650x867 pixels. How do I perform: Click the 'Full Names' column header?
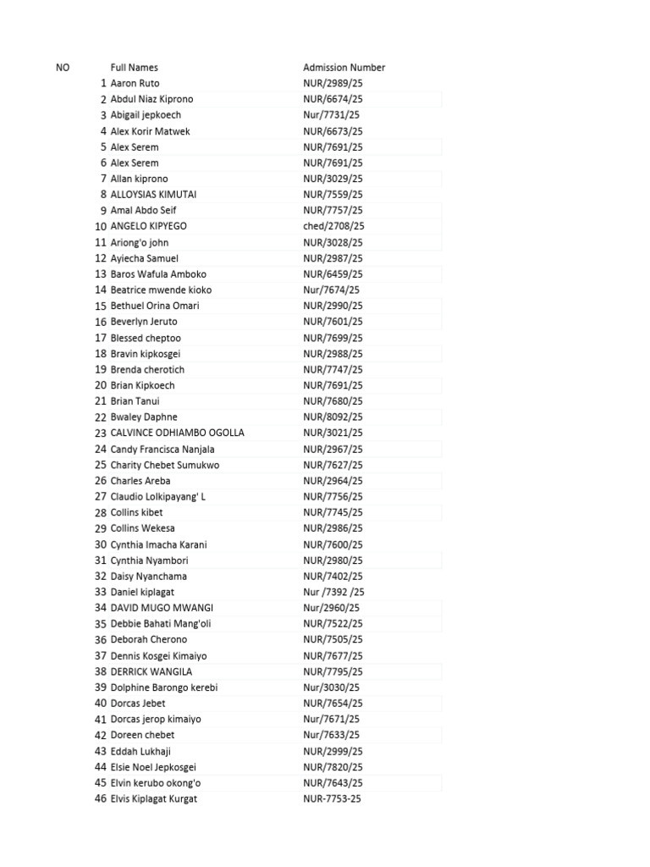point(134,68)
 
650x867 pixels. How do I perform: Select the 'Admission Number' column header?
point(344,68)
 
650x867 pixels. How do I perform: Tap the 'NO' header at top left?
point(63,68)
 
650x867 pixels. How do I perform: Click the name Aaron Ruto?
point(135,84)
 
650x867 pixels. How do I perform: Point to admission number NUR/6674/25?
point(333,99)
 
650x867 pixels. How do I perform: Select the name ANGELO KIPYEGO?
point(149,226)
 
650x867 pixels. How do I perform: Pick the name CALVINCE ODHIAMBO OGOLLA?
point(177,433)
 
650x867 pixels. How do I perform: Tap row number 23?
point(101,433)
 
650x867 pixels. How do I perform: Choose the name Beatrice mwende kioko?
point(161,290)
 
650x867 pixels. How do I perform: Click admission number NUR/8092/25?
point(333,417)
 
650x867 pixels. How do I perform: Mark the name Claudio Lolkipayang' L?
point(158,496)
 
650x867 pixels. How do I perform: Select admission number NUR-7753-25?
point(333,798)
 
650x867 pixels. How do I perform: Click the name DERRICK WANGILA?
point(151,671)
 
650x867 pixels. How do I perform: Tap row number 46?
point(101,798)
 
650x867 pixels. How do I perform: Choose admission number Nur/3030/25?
point(332,688)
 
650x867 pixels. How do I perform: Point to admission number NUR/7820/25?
point(333,767)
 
